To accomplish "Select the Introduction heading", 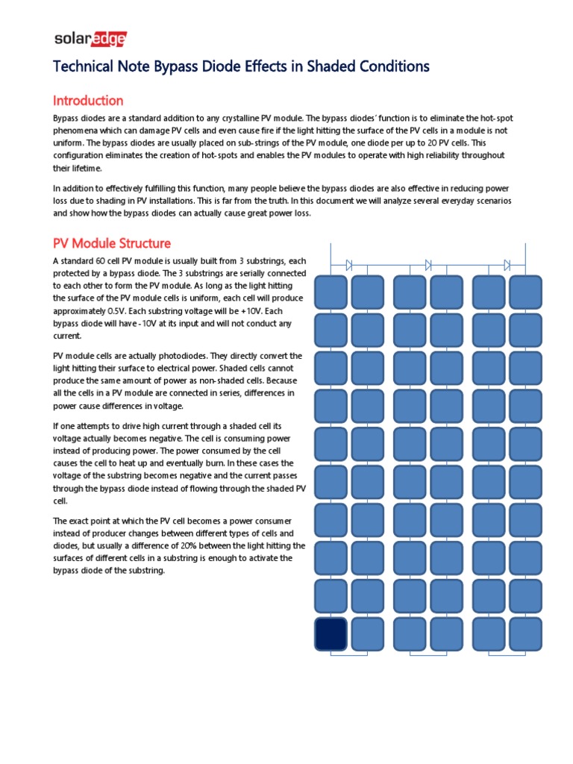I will click(87, 100).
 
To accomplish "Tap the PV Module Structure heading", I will click(111, 243).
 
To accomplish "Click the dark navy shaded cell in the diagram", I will click(331, 634).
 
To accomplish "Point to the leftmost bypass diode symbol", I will click(349, 264).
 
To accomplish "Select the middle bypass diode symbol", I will click(428, 264).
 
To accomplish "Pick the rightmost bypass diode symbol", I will click(507, 264).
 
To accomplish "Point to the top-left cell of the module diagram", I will click(331, 292).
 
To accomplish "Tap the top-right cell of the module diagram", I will click(525, 292).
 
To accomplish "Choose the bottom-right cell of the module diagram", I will click(525, 634).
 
